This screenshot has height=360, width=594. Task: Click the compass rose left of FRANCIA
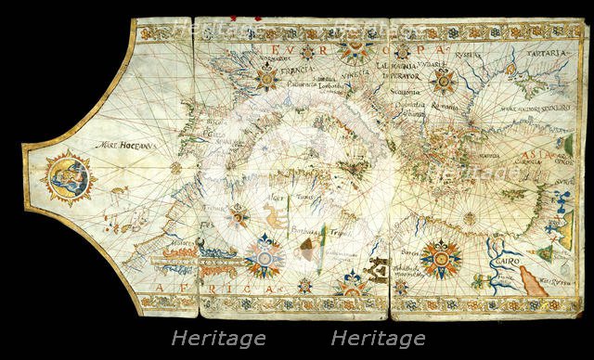(x=265, y=76)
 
